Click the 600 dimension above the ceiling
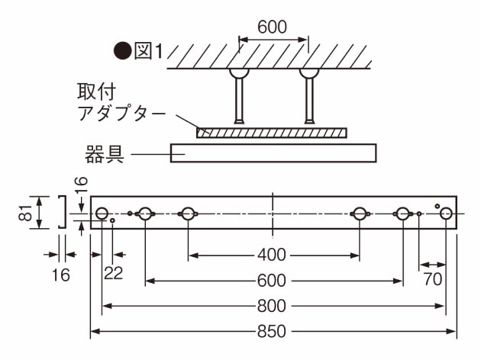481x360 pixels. [272, 27]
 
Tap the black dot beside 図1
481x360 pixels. [122, 51]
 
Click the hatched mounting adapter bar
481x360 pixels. [271, 132]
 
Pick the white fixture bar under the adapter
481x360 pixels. [273, 153]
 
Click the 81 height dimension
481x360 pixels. [26, 212]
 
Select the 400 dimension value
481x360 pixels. [272, 254]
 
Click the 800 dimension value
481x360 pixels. [272, 306]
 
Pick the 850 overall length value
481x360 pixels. [272, 332]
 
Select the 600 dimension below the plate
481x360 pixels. [272, 280]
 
